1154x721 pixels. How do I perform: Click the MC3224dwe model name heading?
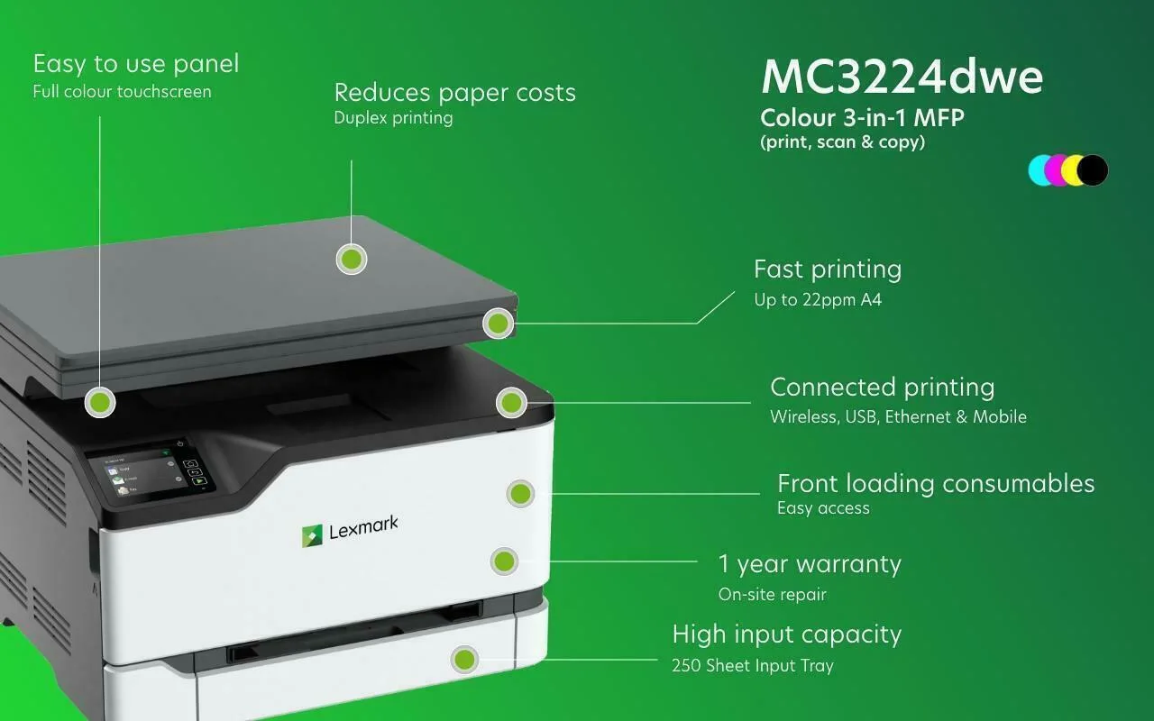(902, 77)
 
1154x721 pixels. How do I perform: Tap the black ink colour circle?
(1093, 170)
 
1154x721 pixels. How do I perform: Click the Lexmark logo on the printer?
(350, 531)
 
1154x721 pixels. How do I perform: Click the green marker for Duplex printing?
(352, 259)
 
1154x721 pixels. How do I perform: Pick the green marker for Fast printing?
(499, 324)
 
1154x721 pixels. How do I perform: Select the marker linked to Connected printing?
(511, 402)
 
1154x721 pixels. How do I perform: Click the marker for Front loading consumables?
(520, 493)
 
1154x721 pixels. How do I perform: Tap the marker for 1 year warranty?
(504, 561)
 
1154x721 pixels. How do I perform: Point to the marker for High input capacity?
(464, 659)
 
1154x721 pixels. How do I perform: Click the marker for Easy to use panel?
(100, 402)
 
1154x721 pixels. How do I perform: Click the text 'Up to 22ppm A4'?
(818, 300)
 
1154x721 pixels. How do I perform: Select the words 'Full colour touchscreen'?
(122, 92)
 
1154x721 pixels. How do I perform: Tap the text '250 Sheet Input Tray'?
(753, 665)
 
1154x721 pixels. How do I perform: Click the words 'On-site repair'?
(773, 594)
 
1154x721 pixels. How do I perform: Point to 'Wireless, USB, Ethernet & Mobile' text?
(898, 416)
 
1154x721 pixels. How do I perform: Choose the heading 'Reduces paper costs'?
(455, 93)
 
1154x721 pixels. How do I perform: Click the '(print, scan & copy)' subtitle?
(843, 142)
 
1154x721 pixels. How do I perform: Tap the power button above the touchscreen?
(180, 443)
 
